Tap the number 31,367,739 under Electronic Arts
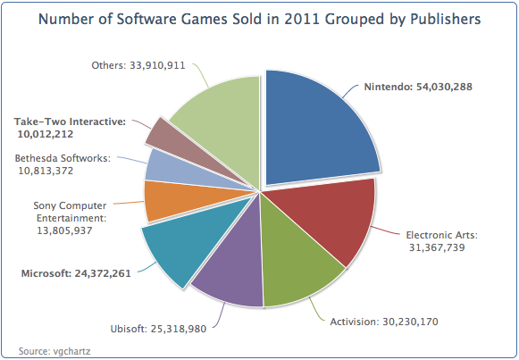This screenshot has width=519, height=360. (x=437, y=247)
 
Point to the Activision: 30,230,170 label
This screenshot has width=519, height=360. (x=384, y=322)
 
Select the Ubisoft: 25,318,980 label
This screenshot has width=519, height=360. (x=158, y=329)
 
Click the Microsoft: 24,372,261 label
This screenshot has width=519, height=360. (x=76, y=273)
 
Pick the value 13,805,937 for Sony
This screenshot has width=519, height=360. (x=64, y=230)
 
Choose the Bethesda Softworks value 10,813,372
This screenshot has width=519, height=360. (x=46, y=171)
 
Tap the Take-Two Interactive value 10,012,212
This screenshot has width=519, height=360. (x=46, y=134)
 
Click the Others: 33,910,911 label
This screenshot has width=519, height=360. (x=138, y=65)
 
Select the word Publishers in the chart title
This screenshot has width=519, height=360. (x=446, y=19)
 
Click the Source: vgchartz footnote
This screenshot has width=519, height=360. (x=54, y=351)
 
